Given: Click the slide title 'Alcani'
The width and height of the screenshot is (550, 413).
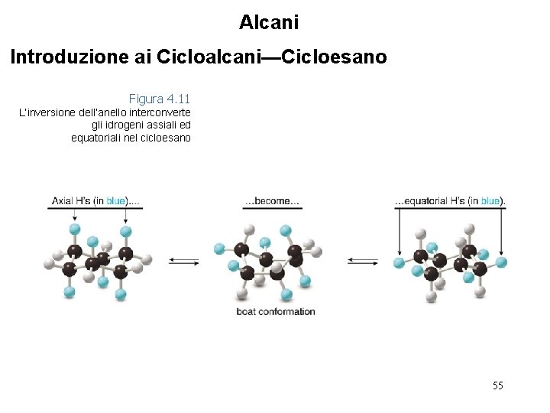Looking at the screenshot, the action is click(268, 22).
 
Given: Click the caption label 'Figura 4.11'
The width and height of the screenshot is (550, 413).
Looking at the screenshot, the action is click(159, 99).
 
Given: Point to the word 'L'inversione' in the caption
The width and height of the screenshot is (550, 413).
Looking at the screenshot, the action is click(47, 112).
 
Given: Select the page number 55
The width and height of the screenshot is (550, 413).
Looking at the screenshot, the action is click(497, 385).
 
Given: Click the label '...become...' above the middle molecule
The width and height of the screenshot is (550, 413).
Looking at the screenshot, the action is click(272, 202).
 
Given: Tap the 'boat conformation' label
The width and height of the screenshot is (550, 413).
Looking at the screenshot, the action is click(275, 311).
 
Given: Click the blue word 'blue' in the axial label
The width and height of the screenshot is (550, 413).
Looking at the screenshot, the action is click(115, 201).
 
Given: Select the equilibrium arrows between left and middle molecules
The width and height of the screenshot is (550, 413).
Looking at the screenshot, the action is click(183, 262).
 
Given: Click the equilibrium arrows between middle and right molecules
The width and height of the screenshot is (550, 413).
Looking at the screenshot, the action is click(362, 262).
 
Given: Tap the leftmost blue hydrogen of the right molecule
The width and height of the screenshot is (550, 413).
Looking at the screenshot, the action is click(399, 263).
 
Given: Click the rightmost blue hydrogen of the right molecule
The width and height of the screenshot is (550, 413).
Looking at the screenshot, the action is click(501, 262).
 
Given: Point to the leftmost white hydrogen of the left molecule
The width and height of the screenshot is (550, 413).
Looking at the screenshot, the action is click(49, 263).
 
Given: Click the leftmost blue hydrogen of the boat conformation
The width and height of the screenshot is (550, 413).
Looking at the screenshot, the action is click(220, 248).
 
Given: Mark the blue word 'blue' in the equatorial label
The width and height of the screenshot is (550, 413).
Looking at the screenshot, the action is click(490, 201).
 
